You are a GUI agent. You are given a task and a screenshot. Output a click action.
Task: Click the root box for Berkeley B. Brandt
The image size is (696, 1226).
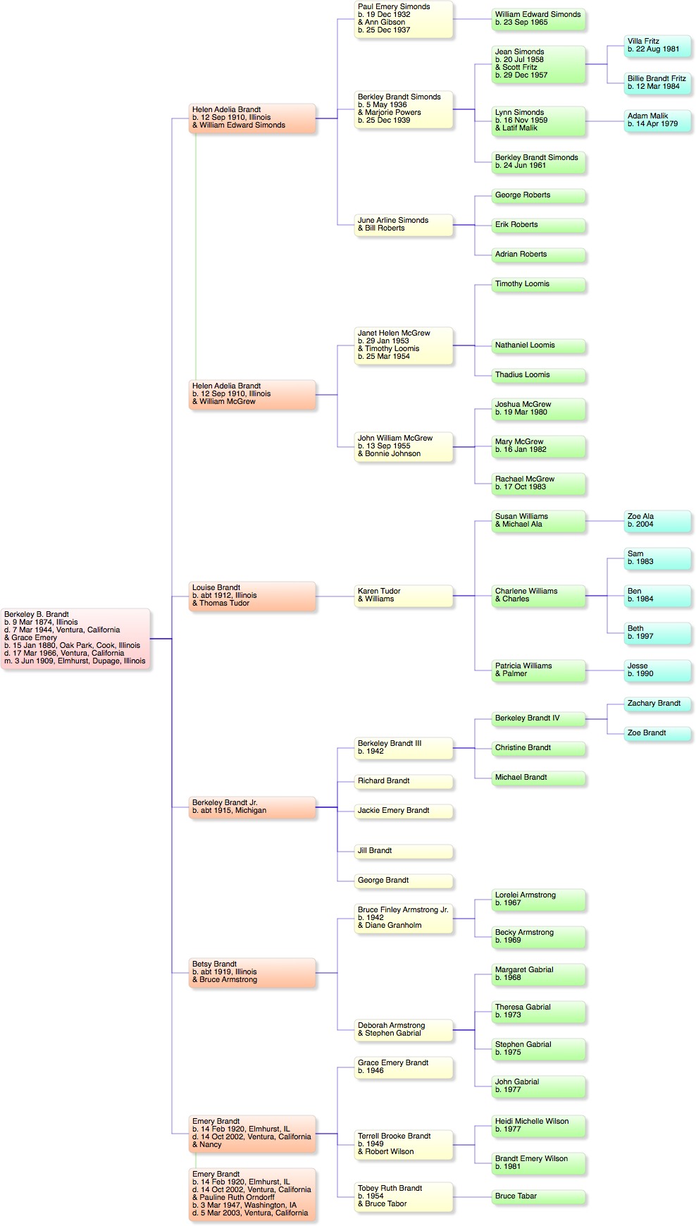(76, 638)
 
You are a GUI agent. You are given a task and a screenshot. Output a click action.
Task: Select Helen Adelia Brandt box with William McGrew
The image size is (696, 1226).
(253, 394)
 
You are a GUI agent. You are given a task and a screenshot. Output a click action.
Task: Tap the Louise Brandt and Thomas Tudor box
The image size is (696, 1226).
(253, 596)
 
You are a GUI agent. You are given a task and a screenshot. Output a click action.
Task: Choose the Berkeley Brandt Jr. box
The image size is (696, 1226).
(253, 807)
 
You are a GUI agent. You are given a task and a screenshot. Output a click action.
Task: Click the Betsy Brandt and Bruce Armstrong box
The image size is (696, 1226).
(253, 972)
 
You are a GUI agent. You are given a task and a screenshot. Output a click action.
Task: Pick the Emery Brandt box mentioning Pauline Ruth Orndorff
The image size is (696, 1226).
(253, 1194)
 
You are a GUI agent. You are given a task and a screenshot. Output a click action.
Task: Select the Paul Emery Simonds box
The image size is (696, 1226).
(404, 19)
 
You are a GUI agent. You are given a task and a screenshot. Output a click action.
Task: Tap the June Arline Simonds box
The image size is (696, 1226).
(404, 224)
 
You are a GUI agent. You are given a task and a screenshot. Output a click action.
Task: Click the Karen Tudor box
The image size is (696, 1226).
(404, 595)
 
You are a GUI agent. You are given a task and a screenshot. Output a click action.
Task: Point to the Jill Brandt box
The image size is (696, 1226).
(404, 851)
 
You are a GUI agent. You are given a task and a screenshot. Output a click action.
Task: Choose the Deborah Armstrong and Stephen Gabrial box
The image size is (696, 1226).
(404, 1029)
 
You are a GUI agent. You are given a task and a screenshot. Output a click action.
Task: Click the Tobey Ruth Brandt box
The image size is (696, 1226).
(404, 1196)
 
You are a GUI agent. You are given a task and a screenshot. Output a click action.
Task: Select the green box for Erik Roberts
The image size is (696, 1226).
(538, 225)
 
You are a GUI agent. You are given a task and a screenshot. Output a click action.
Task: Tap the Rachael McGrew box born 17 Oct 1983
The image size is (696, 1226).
(538, 483)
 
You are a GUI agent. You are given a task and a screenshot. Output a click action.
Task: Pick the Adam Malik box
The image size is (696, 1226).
(658, 121)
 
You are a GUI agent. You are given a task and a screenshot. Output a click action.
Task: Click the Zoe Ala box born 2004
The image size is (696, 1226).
(658, 521)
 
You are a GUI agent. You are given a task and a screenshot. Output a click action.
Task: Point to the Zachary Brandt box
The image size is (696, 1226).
(658, 704)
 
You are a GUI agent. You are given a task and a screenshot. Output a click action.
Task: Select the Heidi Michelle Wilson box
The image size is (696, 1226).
(538, 1125)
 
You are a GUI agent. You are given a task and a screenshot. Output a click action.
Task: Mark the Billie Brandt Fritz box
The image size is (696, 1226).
(658, 83)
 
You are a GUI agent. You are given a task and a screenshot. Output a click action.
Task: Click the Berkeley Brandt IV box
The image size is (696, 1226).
(538, 718)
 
